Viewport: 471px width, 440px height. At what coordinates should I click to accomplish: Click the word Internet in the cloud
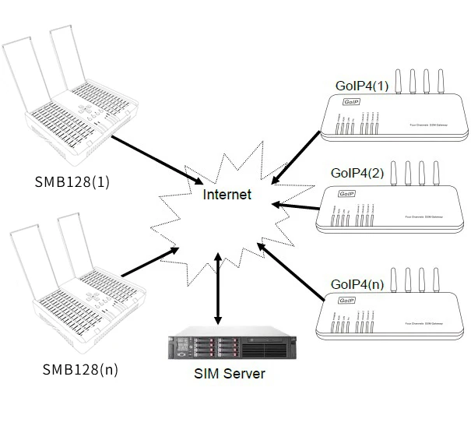click(x=227, y=195)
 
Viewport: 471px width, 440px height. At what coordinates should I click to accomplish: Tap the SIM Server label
click(x=229, y=374)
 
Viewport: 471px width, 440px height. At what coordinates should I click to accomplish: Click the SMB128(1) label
click(x=72, y=182)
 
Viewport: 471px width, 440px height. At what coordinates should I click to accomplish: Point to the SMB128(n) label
click(x=80, y=369)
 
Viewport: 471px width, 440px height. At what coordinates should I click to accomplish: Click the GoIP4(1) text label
click(x=361, y=86)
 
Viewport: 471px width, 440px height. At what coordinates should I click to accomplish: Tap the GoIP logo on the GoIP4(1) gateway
click(x=348, y=102)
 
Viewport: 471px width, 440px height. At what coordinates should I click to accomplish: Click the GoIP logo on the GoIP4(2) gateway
click(x=346, y=193)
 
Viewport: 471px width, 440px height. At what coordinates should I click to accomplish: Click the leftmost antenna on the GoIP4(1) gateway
click(x=394, y=81)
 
